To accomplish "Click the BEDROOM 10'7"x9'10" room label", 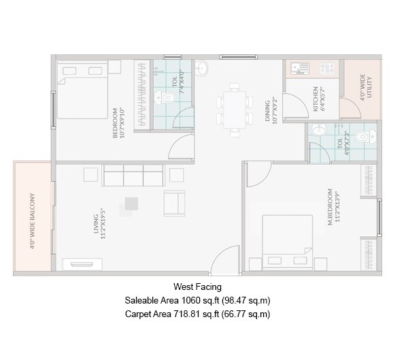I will tap(118, 122).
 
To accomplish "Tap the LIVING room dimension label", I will tap(101, 221).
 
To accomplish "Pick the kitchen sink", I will tap(298, 68).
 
